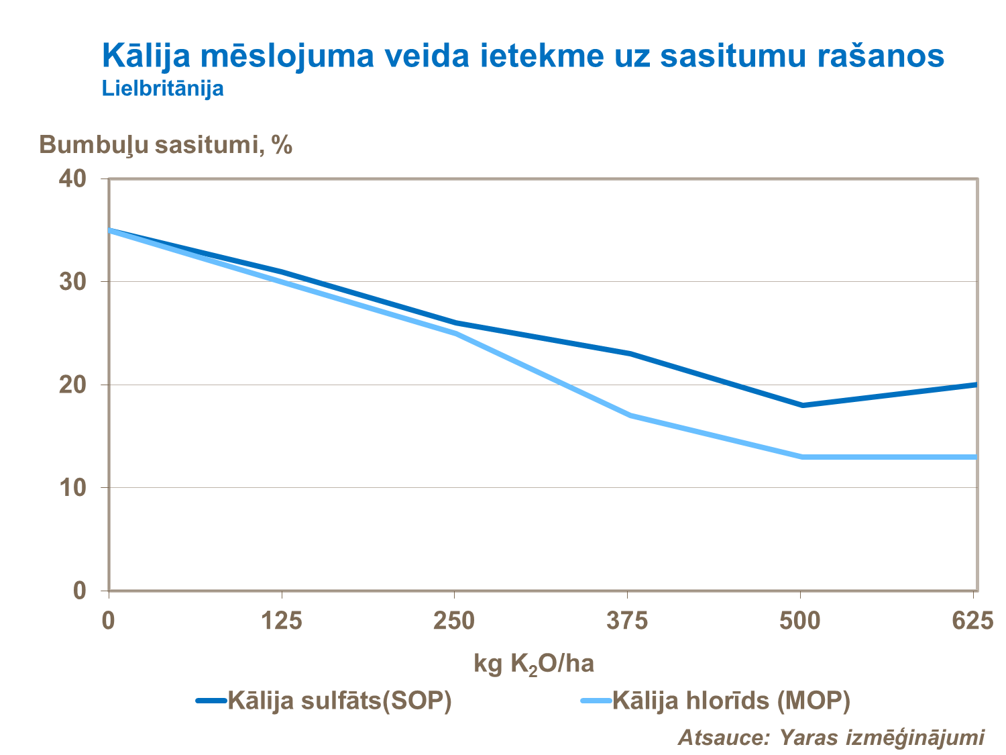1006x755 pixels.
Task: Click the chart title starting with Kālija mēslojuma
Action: (523, 55)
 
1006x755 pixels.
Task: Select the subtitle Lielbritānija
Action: (162, 88)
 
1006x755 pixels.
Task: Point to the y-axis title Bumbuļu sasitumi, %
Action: (166, 144)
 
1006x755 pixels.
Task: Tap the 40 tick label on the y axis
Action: (73, 179)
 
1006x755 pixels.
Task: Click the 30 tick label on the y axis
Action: (73, 282)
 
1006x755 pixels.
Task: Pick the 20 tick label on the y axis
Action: (73, 385)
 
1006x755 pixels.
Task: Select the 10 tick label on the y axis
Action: (73, 488)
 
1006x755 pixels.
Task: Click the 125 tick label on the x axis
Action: (281, 621)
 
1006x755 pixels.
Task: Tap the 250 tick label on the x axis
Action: (454, 621)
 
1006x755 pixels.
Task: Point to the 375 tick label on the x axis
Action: (627, 621)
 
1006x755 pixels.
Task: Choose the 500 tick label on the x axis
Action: (800, 621)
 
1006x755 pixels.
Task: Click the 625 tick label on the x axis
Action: (972, 621)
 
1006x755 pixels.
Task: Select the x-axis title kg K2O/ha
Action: (534, 664)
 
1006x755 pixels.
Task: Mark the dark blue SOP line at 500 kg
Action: (802, 405)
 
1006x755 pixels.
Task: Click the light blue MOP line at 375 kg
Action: (629, 415)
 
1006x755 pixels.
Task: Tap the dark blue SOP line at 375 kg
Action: (629, 354)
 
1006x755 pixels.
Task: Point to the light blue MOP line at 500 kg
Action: (802, 457)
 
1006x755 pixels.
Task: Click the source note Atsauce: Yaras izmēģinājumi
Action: (832, 737)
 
